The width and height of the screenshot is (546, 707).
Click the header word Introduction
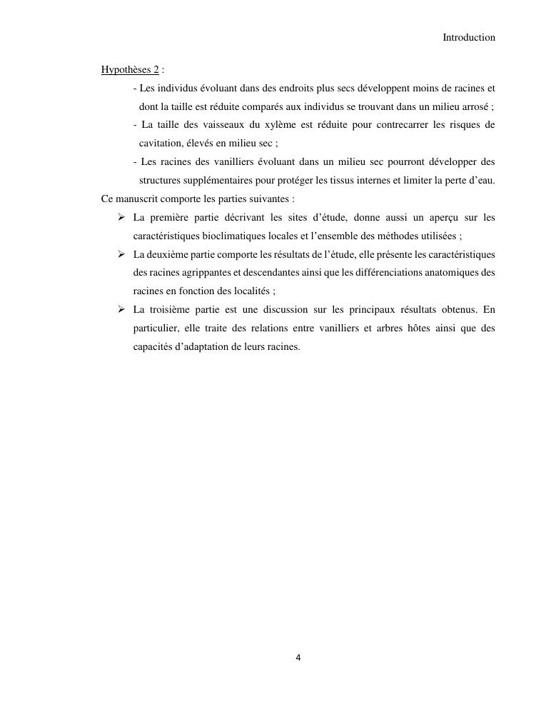[469, 37]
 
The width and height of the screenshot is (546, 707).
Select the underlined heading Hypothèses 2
[130, 70]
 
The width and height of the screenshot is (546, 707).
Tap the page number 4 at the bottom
[298, 658]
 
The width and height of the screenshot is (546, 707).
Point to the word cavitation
[162, 144]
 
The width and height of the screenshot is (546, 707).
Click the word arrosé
[474, 106]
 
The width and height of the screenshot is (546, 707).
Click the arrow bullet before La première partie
[122, 217]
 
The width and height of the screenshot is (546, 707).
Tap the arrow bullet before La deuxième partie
[122, 254]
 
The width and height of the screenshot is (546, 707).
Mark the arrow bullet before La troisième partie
[122, 309]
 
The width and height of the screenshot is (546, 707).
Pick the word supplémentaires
[180, 181]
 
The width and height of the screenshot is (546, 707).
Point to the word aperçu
[431, 217]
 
